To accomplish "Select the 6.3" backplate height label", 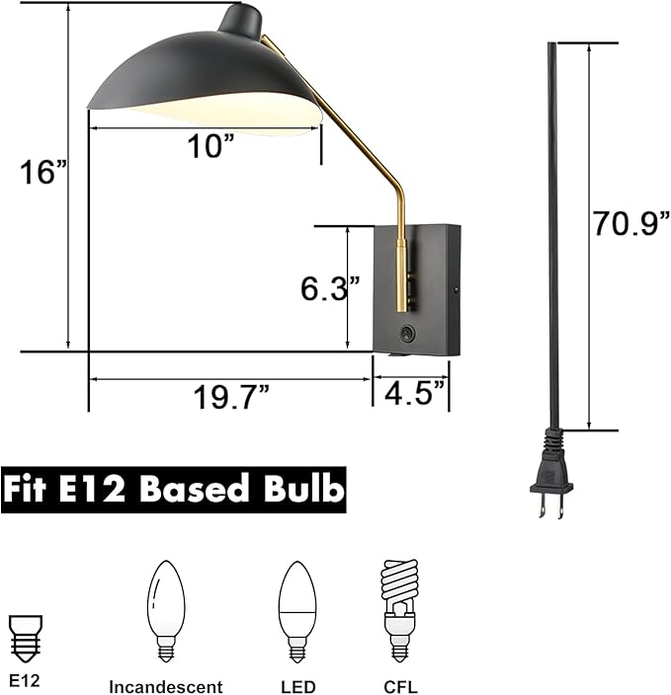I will click(x=329, y=288).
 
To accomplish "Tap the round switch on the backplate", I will click(x=407, y=333).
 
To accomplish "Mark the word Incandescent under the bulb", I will click(x=165, y=686).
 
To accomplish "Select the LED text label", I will click(x=297, y=686).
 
